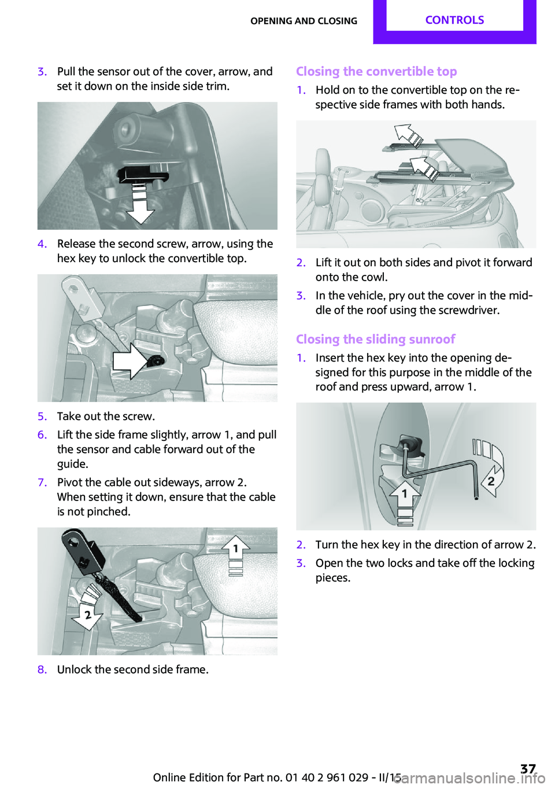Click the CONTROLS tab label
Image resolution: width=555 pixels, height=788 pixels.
(x=454, y=20)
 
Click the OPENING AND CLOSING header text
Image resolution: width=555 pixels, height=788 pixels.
(x=304, y=21)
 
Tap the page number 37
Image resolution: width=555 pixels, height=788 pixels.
(x=528, y=768)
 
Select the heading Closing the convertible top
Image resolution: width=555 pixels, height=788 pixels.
(x=376, y=71)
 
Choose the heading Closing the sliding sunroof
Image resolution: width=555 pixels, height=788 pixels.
(x=375, y=339)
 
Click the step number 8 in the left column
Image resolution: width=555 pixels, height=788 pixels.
(x=42, y=669)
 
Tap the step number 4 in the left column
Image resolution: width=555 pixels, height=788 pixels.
(x=42, y=244)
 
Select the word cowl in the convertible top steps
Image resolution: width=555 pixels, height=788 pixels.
(x=374, y=277)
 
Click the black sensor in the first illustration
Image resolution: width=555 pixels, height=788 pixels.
(x=141, y=173)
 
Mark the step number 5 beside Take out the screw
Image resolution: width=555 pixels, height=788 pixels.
(x=42, y=416)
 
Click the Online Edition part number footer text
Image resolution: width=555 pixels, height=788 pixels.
(x=277, y=777)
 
